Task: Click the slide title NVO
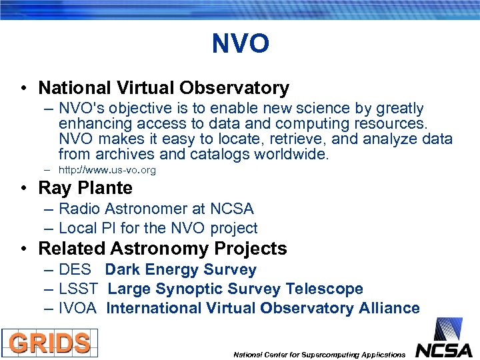pos(240,45)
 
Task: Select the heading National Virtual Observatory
pos(163,88)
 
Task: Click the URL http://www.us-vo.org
pos(107,171)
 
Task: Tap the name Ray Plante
pos(85,188)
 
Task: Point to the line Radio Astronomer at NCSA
pos(156,209)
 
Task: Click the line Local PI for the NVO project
pos(158,228)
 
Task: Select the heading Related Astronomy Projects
pos(163,249)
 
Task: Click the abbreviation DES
pos(75,270)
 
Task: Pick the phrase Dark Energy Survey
pos(181,270)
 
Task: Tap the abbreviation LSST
pos(78,289)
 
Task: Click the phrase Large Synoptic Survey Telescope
pos(235,289)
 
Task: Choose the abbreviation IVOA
pos(78,309)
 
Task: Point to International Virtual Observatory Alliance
pos(263,309)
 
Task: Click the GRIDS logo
pos(49,343)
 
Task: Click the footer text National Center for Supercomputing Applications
pos(319,355)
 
